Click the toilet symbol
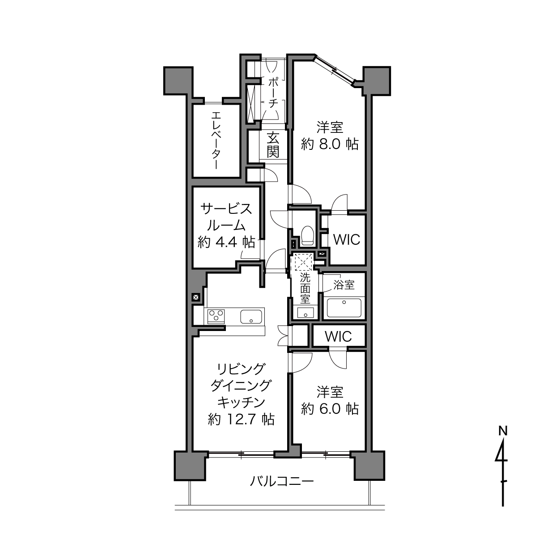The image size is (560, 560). (x=307, y=235)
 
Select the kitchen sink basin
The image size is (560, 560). (x=251, y=317)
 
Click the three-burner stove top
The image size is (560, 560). (x=216, y=316)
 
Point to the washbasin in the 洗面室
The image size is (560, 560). (x=305, y=312)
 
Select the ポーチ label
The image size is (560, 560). (x=273, y=93)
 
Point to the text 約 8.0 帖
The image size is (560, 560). (x=330, y=144)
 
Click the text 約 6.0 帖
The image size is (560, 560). (x=330, y=409)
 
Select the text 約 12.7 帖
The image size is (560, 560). (x=241, y=420)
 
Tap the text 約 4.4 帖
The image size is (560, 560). (x=226, y=242)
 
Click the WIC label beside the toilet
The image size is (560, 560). (x=346, y=239)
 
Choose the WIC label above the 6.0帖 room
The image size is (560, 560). (x=338, y=336)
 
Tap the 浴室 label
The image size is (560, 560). (x=344, y=285)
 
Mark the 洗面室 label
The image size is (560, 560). (x=305, y=288)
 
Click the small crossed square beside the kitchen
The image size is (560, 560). (x=196, y=297)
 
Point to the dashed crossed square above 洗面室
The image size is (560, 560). (x=303, y=262)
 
